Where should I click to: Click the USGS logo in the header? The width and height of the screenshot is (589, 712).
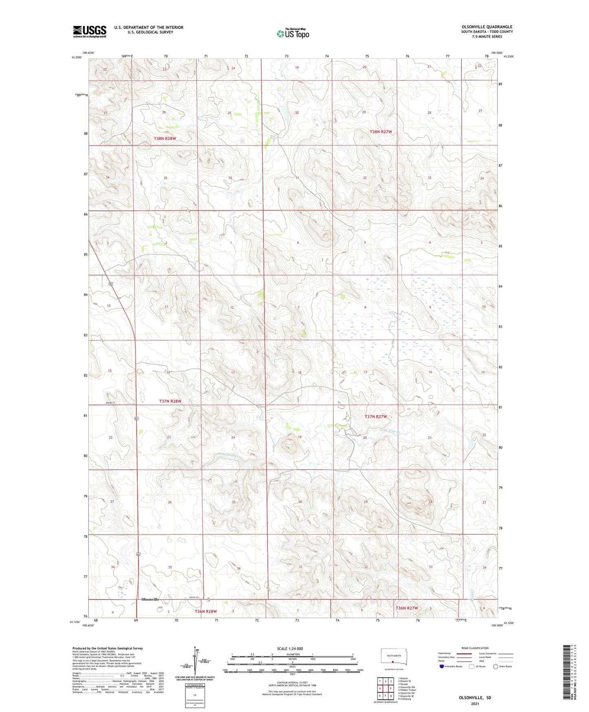click(90, 31)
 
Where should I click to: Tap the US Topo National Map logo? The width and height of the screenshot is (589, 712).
click(293, 33)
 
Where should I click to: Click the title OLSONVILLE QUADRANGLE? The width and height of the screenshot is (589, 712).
click(487, 27)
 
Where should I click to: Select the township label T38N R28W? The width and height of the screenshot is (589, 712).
click(165, 139)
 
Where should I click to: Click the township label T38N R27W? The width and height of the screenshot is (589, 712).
click(380, 132)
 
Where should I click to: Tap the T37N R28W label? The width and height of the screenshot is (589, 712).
click(170, 401)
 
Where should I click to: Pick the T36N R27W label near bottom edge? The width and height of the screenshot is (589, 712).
click(406, 608)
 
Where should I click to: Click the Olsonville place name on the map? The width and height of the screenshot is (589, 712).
click(150, 599)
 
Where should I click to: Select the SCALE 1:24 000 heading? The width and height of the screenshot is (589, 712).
click(290, 648)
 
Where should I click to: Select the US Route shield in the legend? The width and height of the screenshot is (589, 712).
click(472, 667)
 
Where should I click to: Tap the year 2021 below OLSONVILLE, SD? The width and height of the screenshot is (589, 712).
click(474, 704)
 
